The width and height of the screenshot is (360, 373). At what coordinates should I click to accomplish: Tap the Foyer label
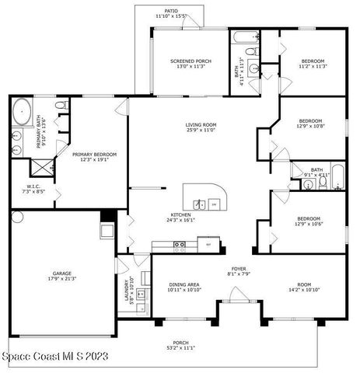pos(238,270)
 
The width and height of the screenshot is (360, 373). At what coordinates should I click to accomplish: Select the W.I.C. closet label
pos(32,188)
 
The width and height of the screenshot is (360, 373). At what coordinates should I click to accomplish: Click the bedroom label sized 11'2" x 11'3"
pos(313,64)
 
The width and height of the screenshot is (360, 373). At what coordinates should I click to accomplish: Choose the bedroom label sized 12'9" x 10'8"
pos(311,124)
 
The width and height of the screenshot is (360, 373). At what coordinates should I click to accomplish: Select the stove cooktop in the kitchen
pos(180,246)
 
